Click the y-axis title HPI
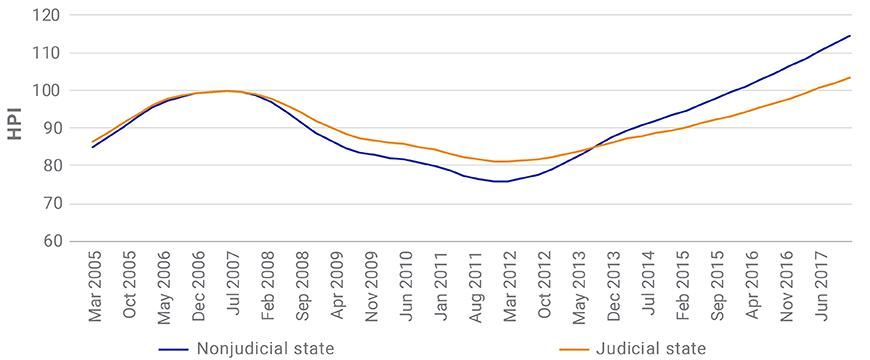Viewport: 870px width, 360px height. (15, 128)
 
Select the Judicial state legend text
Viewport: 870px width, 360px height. (651, 348)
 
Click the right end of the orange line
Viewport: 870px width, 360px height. (850, 77)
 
